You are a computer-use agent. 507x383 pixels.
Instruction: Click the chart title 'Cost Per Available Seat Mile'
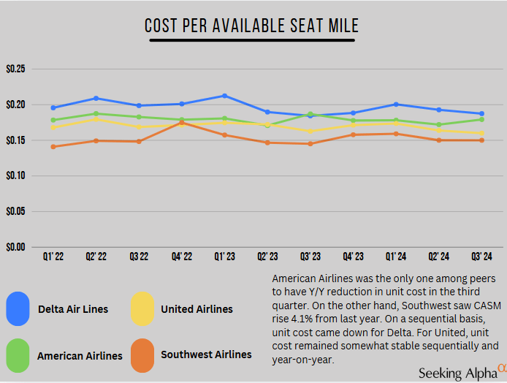coord(252,26)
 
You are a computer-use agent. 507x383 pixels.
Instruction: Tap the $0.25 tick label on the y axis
coord(15,69)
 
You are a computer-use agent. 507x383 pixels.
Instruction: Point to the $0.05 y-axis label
coord(15,211)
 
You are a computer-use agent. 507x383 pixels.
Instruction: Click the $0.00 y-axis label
coord(15,246)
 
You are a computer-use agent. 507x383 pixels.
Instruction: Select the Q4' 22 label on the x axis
coord(181,257)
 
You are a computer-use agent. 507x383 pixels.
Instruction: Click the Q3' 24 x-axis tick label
coord(481,257)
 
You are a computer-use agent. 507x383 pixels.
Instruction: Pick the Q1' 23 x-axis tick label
coord(224,257)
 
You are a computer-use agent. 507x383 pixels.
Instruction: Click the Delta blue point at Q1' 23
coord(224,96)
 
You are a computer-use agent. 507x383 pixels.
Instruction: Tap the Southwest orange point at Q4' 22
coord(182,123)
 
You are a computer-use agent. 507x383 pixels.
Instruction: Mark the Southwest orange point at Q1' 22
coord(53,147)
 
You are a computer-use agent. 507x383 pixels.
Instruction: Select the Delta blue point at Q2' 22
coord(96,98)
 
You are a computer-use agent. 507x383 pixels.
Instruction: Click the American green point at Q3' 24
coord(481,119)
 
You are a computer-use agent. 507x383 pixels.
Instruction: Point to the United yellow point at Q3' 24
coord(481,133)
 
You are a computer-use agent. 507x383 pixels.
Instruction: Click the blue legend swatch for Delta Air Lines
coord(18,308)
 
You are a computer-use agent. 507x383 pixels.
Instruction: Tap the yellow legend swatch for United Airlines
coord(142,308)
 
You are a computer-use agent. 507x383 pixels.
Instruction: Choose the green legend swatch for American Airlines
coord(18,355)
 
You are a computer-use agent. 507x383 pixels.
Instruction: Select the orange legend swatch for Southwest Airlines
coord(142,355)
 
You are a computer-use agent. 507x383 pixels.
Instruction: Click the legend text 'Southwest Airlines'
coord(206,354)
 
